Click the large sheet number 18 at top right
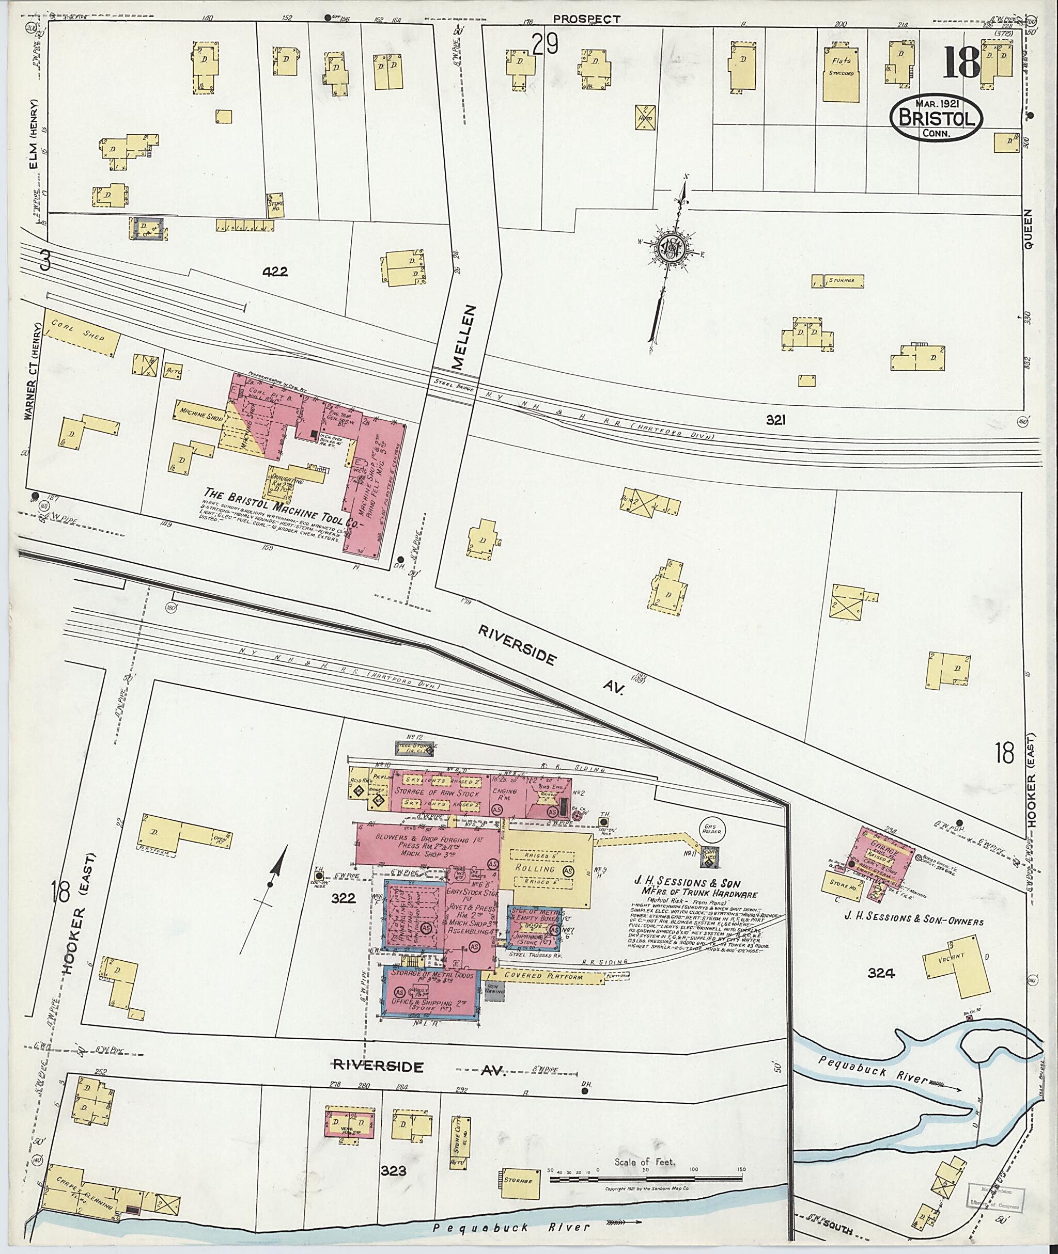[961, 62]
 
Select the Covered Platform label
[543, 976]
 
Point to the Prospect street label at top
[586, 19]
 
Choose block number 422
[275, 272]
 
